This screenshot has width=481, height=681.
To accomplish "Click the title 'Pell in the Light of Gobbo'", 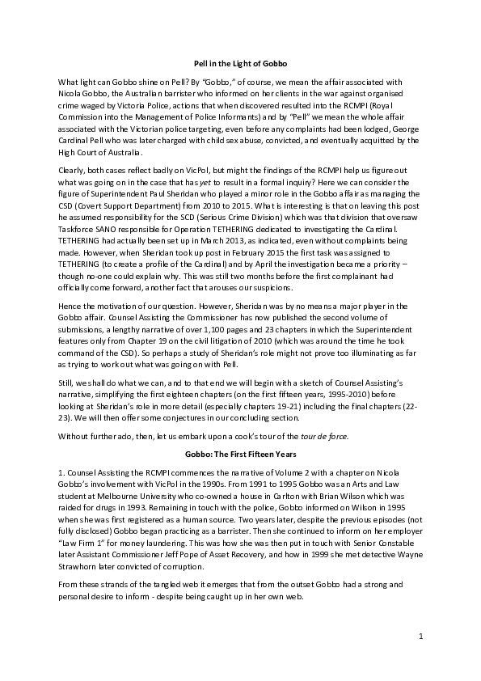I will pyautogui.click(x=241, y=63).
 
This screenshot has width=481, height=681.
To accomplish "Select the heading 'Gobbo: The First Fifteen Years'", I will pyautogui.click(x=241, y=455).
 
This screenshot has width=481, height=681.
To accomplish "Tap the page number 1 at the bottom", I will pyautogui.click(x=421, y=637).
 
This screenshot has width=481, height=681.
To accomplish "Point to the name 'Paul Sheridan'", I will pyautogui.click(x=177, y=194).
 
